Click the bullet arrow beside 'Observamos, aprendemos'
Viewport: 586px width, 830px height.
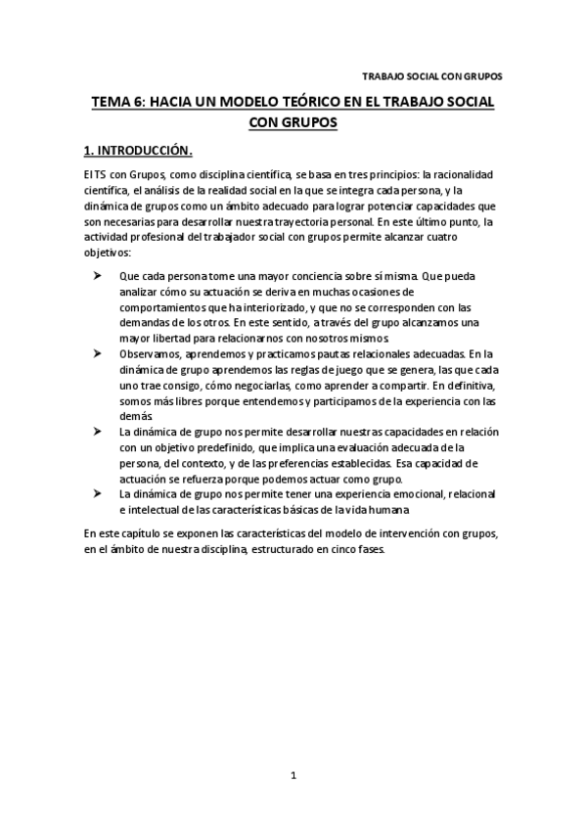pyautogui.click(x=99, y=352)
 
